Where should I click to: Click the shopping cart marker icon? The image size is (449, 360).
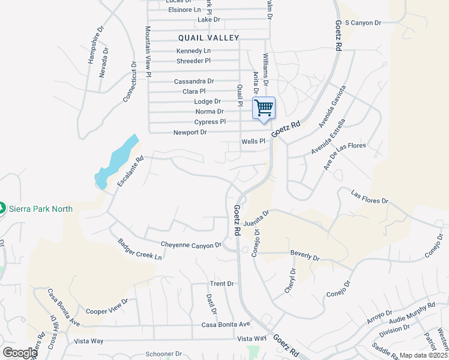coord(264,108)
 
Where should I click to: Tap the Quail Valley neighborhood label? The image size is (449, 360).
coord(208,38)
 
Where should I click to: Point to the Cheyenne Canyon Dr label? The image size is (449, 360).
coord(191,244)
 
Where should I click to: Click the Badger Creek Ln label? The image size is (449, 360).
coord(140,249)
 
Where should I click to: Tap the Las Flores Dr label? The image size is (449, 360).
coord(369,197)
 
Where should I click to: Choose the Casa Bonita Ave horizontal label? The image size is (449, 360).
coord(226,325)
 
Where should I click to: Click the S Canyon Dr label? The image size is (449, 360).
coord(363,23)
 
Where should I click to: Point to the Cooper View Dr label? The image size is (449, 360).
coord(107,307)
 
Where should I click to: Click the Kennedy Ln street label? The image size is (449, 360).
coord(194,51)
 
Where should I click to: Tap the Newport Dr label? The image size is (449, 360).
coord(190,132)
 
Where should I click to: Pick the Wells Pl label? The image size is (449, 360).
coord(253,142)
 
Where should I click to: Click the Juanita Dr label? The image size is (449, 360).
coord(259,217)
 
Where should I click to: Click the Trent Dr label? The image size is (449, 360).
coord(221,283)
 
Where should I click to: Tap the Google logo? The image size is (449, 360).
coord(20,353)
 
